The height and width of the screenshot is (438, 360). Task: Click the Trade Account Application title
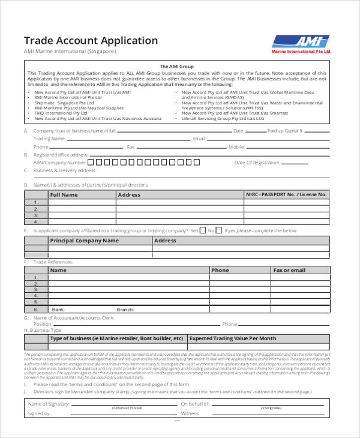point(91,41)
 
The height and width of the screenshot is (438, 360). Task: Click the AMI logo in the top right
point(301,41)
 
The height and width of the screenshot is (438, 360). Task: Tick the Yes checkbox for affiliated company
point(203,230)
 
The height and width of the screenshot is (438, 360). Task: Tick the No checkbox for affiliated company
point(219,230)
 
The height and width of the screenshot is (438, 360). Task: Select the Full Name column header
point(64,194)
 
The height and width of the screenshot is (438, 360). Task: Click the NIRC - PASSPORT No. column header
point(286,194)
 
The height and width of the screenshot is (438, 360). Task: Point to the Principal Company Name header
point(84,241)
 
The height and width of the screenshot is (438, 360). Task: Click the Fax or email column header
point(289,270)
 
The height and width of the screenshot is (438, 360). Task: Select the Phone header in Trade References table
point(220,270)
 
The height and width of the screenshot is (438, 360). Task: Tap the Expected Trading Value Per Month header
point(233,338)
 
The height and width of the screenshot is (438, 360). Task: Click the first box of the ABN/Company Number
point(91,162)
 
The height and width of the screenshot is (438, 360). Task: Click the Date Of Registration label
point(257,162)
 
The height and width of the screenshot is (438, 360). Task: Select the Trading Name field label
point(49,139)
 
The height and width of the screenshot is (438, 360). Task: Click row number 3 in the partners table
point(36,215)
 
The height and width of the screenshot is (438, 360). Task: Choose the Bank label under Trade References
point(58,309)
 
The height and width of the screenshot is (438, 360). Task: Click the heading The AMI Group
point(176,66)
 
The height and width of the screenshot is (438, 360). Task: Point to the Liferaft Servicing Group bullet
point(223,119)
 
